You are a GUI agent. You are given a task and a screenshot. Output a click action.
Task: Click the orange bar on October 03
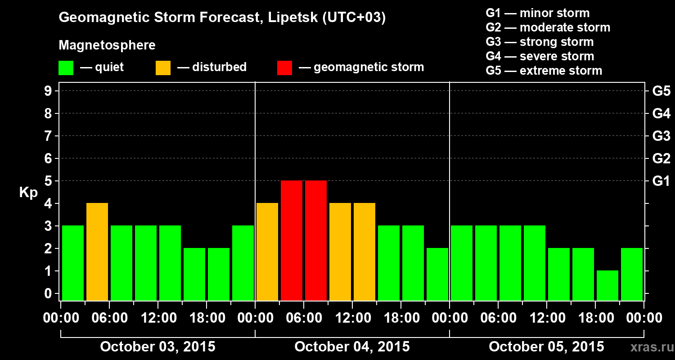pyautogui.click(x=97, y=252)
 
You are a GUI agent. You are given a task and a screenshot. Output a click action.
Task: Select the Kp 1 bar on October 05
pyautogui.click(x=607, y=285)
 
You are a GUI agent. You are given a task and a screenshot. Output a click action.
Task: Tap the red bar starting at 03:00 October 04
pyautogui.click(x=292, y=240)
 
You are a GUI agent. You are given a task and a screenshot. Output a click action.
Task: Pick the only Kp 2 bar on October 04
pyautogui.click(x=437, y=274)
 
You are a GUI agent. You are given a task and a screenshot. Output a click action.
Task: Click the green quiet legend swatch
pyautogui.click(x=66, y=68)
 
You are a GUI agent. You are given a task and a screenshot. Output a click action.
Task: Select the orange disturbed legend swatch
pyautogui.click(x=163, y=68)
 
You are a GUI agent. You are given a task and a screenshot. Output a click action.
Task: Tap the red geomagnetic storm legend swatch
pyautogui.click(x=284, y=68)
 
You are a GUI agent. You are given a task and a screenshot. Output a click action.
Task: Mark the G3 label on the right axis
pyautogui.click(x=661, y=136)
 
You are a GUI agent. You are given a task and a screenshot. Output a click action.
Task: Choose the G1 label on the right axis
pyautogui.click(x=661, y=181)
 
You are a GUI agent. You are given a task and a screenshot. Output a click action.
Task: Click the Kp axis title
pyautogui.click(x=28, y=193)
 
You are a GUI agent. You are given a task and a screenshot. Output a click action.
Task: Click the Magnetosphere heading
pyautogui.click(x=107, y=45)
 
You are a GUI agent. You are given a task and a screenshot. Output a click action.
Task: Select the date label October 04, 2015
pyautogui.click(x=352, y=346)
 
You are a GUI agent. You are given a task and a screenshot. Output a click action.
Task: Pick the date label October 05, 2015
pyautogui.click(x=546, y=346)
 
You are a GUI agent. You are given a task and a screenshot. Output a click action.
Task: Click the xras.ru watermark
pyautogui.click(x=649, y=347)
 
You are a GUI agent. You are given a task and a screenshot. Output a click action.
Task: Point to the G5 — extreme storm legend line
pyautogui.click(x=544, y=71)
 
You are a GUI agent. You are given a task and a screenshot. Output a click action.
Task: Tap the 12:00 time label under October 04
pyautogui.click(x=353, y=318)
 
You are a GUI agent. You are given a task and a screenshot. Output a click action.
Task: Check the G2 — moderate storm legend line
pyautogui.click(x=548, y=27)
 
